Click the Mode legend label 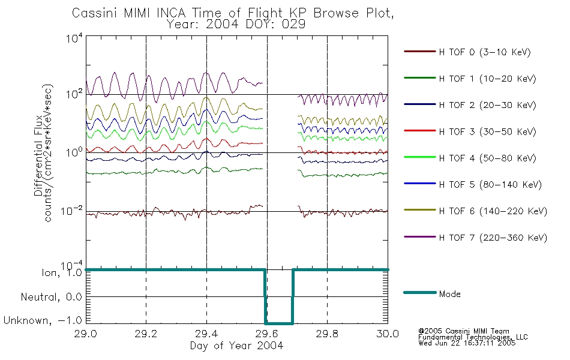pos(449,294)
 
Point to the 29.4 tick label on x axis pos(206,334)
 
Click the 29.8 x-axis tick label pos(327,334)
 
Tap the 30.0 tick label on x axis pos(388,334)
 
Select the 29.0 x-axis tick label pos(85,334)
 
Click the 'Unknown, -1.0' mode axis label pos(43,320)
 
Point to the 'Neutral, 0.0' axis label pos(51,297)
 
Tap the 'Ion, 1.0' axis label pos(62,273)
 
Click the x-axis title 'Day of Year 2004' pos(236,346)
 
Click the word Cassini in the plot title pos(95,13)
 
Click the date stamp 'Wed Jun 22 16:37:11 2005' pos(467,343)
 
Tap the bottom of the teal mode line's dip pos(279,323)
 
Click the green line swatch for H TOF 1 pos(419,78)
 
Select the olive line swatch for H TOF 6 pos(419,210)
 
